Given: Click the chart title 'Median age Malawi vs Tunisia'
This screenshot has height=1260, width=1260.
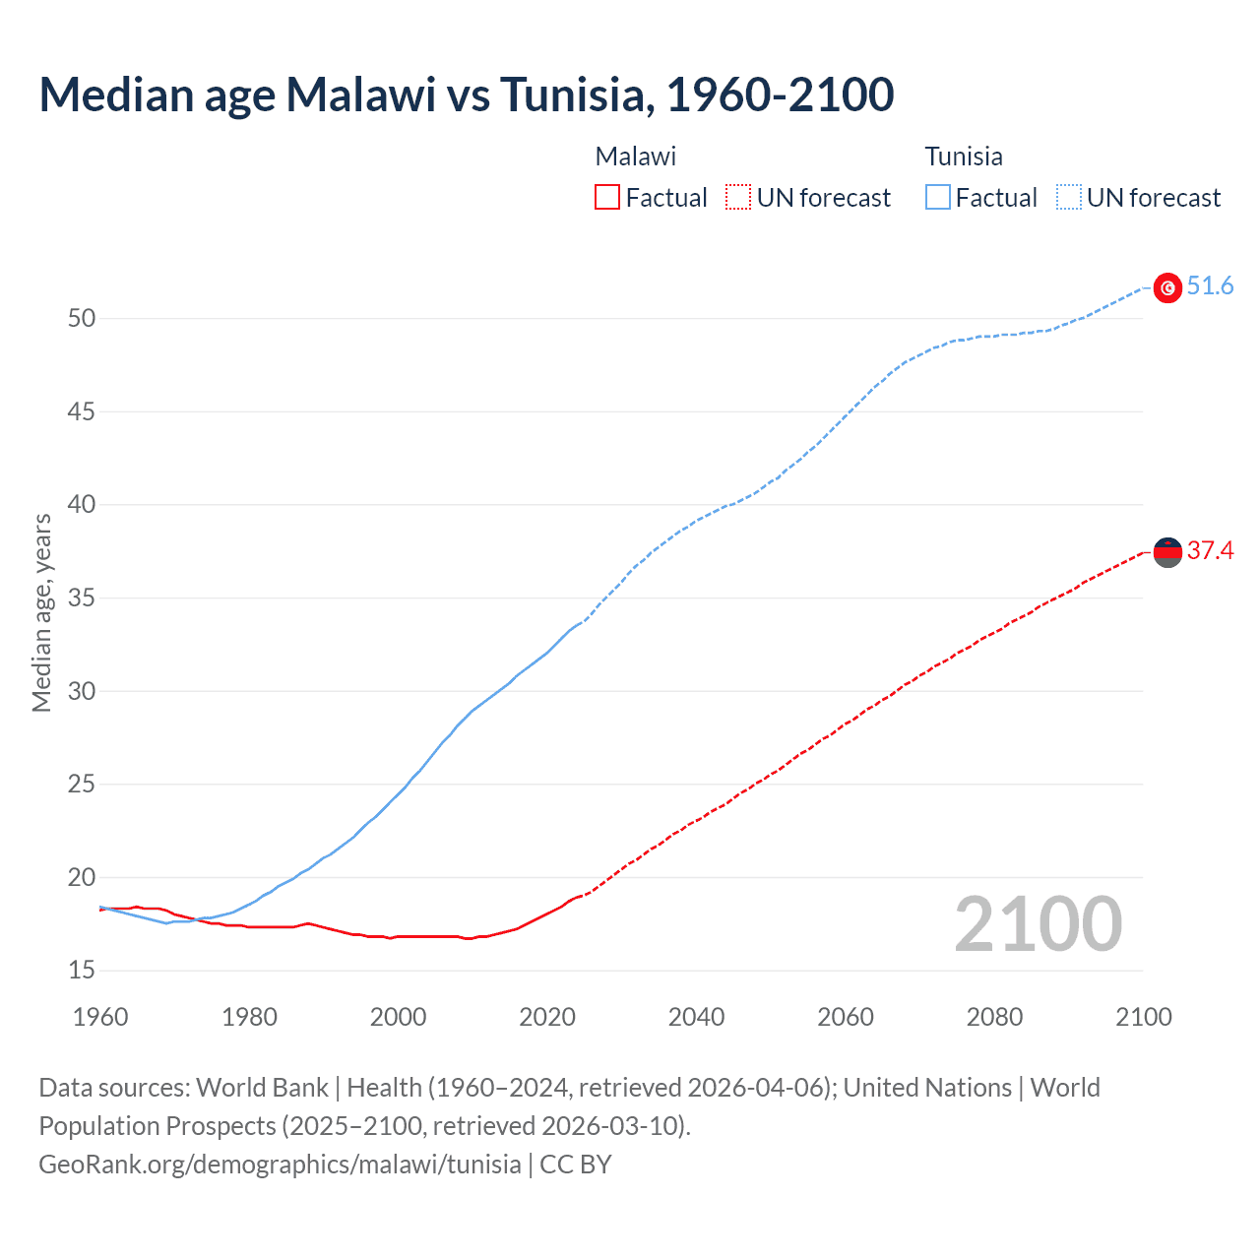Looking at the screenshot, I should click(466, 94).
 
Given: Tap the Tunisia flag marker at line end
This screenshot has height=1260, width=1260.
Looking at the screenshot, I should click(1167, 287).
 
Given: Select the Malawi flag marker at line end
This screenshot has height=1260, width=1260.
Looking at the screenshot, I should click(1167, 552).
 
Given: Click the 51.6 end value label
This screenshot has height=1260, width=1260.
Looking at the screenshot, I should click(1210, 286).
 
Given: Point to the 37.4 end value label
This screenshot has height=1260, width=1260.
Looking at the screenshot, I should click(1210, 551).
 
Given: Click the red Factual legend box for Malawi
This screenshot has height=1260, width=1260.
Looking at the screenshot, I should click(607, 198).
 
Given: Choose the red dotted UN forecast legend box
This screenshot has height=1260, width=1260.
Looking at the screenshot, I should click(738, 198).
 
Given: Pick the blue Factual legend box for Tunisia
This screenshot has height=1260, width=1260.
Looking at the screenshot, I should click(937, 198).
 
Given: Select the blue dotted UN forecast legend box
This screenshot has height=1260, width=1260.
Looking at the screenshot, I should click(1068, 198).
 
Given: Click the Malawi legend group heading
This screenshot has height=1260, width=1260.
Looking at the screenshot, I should click(636, 157).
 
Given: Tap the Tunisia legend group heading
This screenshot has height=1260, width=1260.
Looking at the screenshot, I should click(964, 157).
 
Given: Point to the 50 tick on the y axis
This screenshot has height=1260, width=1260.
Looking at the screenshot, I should click(82, 319).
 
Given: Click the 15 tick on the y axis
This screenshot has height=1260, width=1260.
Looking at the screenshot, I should click(82, 971).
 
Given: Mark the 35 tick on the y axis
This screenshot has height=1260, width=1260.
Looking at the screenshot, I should click(82, 598).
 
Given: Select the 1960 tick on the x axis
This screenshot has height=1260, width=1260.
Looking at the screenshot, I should click(100, 1017).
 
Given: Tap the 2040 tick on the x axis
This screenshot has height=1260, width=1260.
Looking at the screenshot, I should click(696, 1017).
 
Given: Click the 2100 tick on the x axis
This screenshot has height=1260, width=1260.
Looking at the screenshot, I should click(1143, 1017).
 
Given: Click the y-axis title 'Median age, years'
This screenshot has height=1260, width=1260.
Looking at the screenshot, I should click(41, 612).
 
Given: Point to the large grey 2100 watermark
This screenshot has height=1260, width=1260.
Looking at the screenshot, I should click(1038, 924).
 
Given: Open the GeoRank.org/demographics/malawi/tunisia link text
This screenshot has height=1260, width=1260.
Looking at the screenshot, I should click(280, 1165).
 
